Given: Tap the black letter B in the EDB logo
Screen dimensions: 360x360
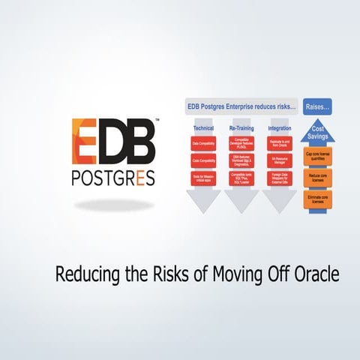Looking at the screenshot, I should (x=139, y=142).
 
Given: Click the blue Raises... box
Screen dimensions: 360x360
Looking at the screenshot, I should (x=318, y=107).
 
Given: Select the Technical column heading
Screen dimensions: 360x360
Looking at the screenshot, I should (x=204, y=128).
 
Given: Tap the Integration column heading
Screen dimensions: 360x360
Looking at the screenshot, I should (x=280, y=128).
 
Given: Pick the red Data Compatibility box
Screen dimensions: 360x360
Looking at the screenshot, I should (x=204, y=142).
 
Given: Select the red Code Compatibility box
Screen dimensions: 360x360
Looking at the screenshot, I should (x=204, y=160).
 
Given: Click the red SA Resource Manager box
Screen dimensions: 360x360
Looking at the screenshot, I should (x=280, y=160).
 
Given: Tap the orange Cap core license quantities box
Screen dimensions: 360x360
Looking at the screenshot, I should (x=318, y=157).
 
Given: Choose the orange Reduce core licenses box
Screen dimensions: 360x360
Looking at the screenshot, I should (x=318, y=176).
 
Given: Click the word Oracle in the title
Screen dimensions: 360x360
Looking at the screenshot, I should (x=316, y=274).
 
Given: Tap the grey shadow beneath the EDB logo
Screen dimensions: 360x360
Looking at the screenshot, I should (x=115, y=205).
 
